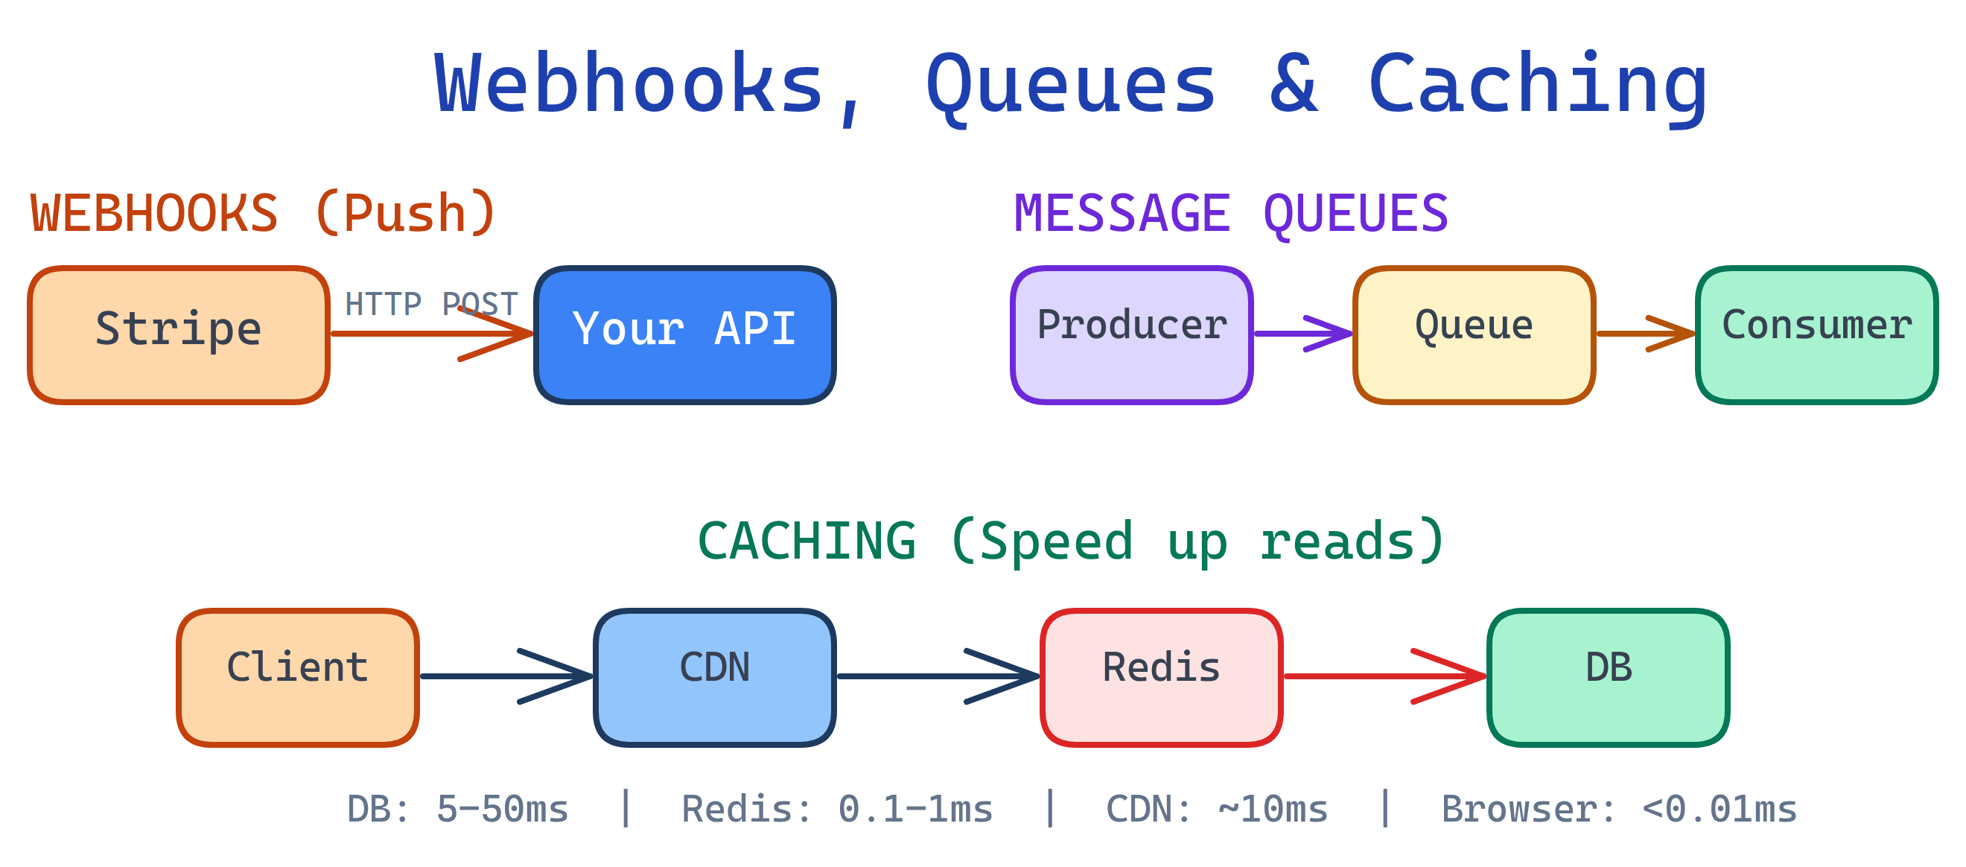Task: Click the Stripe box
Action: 179,334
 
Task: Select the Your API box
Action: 684,334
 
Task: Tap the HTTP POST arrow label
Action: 431,305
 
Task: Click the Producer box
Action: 1131,334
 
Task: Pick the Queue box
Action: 1474,334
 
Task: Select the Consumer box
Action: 1816,334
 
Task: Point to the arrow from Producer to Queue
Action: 1302,334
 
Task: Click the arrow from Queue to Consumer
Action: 1645,334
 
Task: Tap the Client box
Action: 298,677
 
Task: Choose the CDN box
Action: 714,677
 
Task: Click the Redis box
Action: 1161,677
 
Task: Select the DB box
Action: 1608,677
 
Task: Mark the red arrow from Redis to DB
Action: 1384,676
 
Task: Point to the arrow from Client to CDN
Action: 506,676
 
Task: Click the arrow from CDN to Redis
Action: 938,676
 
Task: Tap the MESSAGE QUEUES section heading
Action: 1230,214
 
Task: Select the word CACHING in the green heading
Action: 807,541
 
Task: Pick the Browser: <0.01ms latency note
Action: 1619,809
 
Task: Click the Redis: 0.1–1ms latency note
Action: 837,809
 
